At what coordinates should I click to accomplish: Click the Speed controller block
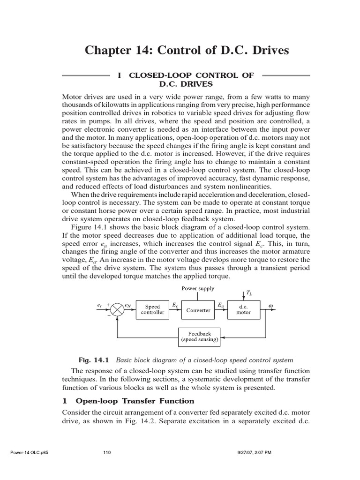(x=152, y=309)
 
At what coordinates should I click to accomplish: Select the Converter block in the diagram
(x=198, y=310)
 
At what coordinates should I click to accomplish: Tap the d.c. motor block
(x=243, y=309)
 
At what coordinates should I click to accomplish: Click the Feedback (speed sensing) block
(x=199, y=337)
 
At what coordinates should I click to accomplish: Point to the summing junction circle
(x=117, y=310)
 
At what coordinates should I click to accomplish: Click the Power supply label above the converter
(x=198, y=289)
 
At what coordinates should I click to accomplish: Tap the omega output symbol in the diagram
(x=270, y=305)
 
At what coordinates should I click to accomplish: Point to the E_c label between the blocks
(x=175, y=305)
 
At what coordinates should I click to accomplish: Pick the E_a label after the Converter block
(x=221, y=305)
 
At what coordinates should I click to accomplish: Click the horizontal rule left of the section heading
(x=86, y=75)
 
